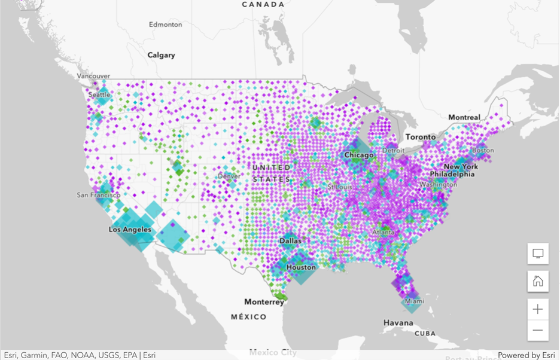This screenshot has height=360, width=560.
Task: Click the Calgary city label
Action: pos(162,55)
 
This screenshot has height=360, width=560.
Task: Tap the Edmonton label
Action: pos(165,25)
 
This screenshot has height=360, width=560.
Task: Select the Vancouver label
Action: pos(93,76)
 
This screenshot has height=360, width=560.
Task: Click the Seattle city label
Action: pos(99,94)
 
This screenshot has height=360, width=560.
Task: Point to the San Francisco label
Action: pos(99,195)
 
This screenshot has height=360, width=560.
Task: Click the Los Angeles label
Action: pos(130,230)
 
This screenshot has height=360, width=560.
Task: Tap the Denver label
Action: pos(229,176)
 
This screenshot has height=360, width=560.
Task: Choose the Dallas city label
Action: pos(290,241)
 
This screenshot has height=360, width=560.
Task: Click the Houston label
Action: pos(301,267)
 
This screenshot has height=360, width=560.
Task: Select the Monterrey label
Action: pos(264,302)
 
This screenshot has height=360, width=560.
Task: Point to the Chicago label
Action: pos(359,155)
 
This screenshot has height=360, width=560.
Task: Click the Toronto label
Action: pos(421,137)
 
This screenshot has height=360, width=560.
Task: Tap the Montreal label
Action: pos(464,117)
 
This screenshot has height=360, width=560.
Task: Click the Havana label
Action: pos(398,323)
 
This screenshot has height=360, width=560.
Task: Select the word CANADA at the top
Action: pos(263,4)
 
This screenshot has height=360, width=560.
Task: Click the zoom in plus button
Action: pos(538,309)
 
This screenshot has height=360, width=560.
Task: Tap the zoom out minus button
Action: pos(538,330)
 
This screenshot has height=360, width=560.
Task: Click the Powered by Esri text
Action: pos(526,355)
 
